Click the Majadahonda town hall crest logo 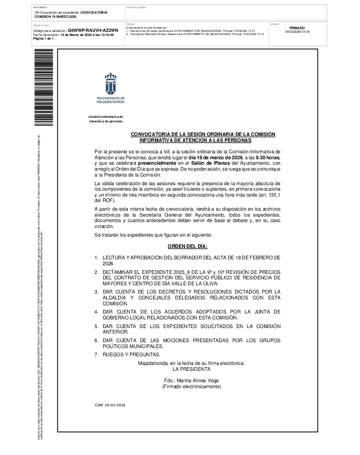(110, 85)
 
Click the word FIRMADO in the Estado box (297, 28)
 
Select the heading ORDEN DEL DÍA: (187, 246)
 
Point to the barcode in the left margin (44, 88)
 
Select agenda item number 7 (96, 354)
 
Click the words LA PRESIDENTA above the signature (191, 369)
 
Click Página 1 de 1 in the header (44, 39)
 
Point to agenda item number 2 (96, 272)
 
